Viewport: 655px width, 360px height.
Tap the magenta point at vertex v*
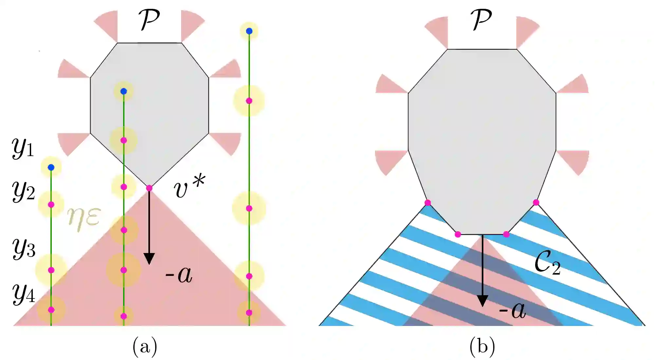coord(149,188)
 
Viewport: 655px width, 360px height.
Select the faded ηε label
coord(84,218)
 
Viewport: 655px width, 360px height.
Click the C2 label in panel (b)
coord(547,263)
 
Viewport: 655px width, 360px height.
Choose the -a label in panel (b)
coord(512,310)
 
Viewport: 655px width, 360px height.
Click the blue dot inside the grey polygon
coord(123,91)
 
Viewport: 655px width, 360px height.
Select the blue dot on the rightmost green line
coord(249,31)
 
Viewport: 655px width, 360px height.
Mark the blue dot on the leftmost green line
coord(51,168)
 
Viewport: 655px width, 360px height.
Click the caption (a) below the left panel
coord(145,346)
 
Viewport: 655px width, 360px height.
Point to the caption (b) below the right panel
coord(482,346)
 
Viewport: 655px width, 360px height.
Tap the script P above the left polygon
coord(149,20)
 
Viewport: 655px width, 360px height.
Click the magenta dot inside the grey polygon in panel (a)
coord(123,140)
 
